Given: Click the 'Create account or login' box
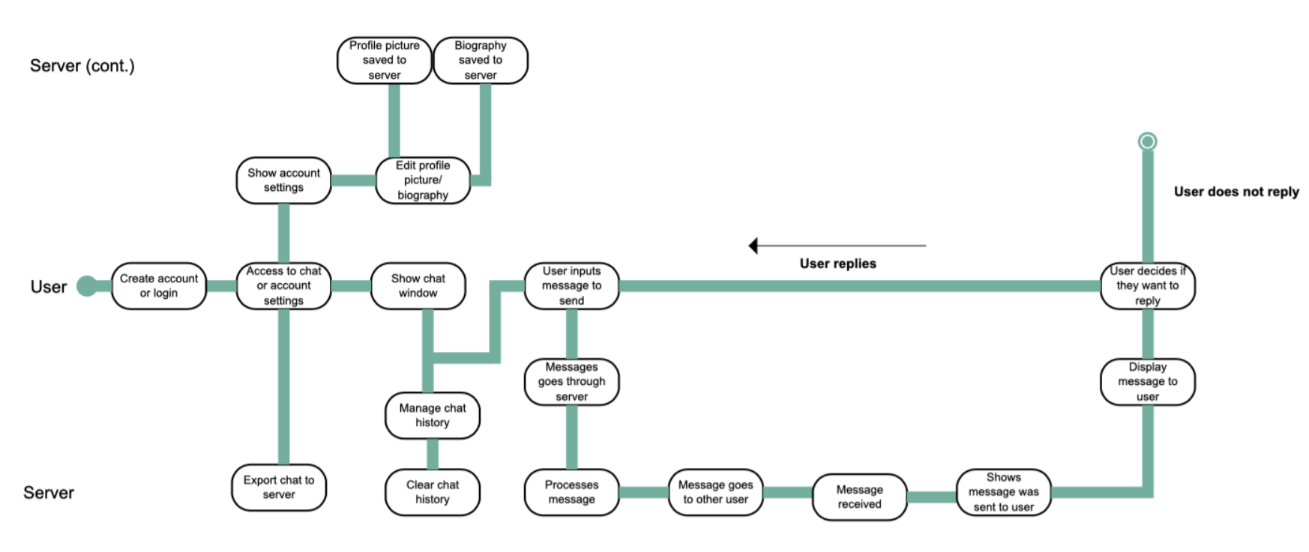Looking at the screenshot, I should pyautogui.click(x=158, y=285).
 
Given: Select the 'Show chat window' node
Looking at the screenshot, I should pyautogui.click(x=418, y=285).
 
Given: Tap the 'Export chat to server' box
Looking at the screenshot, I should pyautogui.click(x=278, y=488).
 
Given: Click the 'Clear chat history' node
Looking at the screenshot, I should pyautogui.click(x=432, y=492).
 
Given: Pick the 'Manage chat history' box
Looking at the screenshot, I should pyautogui.click(x=432, y=415).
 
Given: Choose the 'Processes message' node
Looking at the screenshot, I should pyautogui.click(x=571, y=492).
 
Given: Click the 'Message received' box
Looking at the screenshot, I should pyautogui.click(x=859, y=497).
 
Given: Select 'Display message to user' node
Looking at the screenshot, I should pyautogui.click(x=1147, y=382).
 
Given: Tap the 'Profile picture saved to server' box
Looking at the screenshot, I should pyautogui.click(x=384, y=60).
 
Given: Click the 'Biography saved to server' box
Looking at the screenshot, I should pyautogui.click(x=480, y=60).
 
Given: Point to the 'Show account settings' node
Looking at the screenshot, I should pyautogui.click(x=283, y=180).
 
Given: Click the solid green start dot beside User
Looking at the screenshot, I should pyautogui.click(x=87, y=285).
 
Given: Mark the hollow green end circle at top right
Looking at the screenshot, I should pyautogui.click(x=1147, y=141).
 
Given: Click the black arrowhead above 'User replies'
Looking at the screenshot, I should pyautogui.click(x=753, y=246).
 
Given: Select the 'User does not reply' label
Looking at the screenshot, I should pyautogui.click(x=1236, y=192).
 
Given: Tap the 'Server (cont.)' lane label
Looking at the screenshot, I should pyautogui.click(x=82, y=66).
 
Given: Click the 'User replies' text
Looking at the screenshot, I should pyautogui.click(x=837, y=264).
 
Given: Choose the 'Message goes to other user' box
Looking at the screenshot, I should pyautogui.click(x=715, y=492).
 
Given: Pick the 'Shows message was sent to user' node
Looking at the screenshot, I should pyautogui.click(x=1003, y=492).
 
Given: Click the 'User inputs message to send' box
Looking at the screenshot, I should pyautogui.click(x=571, y=285).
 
